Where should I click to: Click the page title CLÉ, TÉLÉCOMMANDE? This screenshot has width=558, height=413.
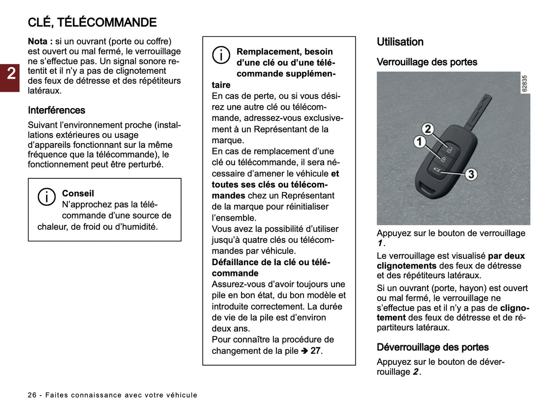click(92, 22)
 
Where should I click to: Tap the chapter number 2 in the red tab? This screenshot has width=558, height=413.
click(11, 73)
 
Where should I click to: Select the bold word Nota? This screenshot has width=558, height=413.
click(38, 41)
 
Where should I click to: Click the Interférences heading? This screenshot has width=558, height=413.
click(56, 110)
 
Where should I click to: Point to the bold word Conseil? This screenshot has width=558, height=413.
click(78, 193)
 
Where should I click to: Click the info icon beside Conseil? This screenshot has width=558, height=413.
click(46, 197)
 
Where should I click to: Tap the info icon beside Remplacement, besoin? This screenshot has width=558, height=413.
click(221, 55)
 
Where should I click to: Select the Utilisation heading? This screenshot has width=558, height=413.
click(400, 42)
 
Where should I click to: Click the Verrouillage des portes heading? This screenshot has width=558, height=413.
click(427, 62)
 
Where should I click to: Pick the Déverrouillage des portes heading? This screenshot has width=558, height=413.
click(432, 347)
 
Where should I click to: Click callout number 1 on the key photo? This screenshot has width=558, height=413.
click(419, 142)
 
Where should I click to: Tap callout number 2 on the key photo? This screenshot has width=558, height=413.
click(427, 129)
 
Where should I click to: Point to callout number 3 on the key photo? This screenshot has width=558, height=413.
click(470, 174)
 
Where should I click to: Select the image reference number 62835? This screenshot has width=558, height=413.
click(524, 83)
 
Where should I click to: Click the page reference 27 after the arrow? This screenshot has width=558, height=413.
click(315, 351)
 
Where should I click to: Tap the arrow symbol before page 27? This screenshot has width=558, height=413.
click(304, 351)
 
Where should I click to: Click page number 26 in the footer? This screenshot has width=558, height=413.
click(32, 395)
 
